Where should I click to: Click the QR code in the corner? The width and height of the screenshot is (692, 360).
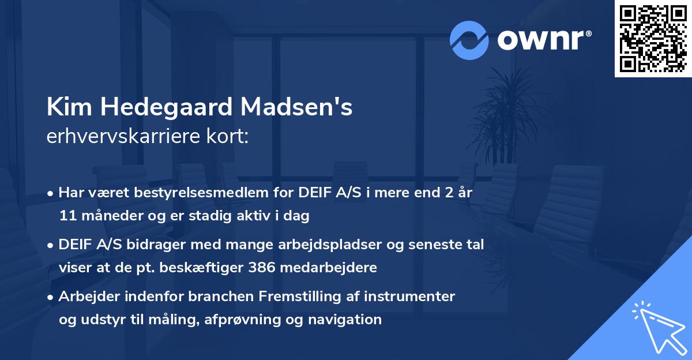(653, 39)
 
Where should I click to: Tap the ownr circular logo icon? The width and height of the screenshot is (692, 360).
(469, 40)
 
